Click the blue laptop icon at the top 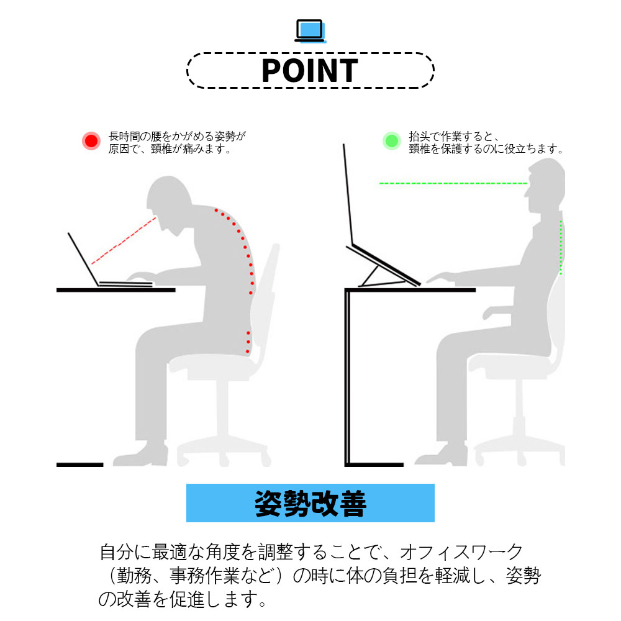point(310,31)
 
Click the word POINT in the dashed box point(310,71)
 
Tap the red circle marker point(91,141)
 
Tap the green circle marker point(392,141)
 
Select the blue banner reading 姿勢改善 point(310,503)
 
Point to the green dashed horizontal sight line point(453,183)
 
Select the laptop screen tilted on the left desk point(83,259)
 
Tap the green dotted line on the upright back point(561,247)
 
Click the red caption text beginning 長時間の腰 point(176,143)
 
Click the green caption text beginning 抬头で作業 point(486,143)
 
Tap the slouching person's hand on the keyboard point(140,276)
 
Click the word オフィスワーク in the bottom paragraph point(461,552)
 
